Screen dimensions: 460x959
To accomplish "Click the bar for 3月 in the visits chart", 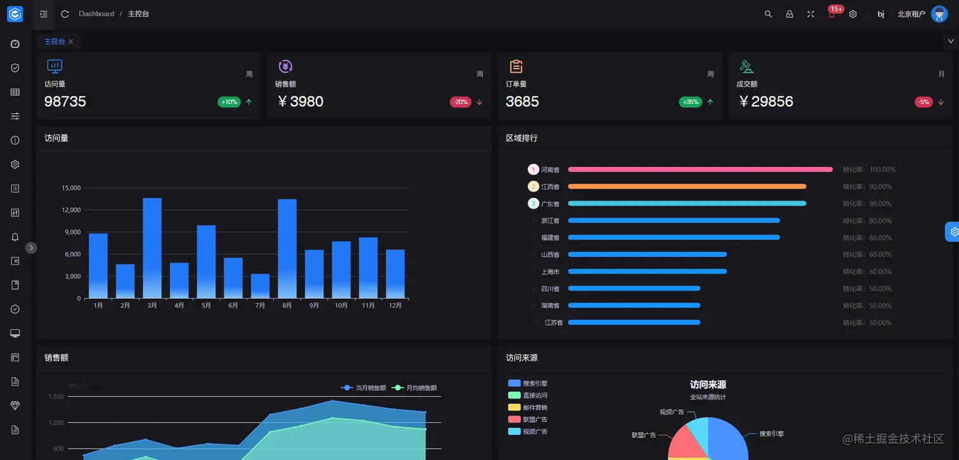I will [x=152, y=248].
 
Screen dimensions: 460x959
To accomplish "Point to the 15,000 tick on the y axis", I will [x=71, y=188].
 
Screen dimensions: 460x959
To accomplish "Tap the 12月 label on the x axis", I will [x=395, y=306].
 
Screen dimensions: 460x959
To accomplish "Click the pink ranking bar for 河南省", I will [x=700, y=169].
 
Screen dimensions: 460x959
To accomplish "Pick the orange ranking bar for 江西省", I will [x=687, y=187].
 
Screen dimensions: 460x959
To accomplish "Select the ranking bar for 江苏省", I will [x=634, y=322].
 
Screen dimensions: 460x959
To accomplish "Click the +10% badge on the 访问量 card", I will [x=229, y=102].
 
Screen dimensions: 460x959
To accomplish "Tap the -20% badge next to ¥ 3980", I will [x=460, y=102].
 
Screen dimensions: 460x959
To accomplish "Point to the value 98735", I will [x=65, y=102].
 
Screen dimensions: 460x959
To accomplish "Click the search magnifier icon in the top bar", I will [x=768, y=14].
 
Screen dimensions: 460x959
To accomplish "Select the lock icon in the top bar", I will [x=790, y=14].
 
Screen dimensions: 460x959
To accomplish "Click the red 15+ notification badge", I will [x=836, y=10].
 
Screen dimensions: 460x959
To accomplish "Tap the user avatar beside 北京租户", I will [x=939, y=14].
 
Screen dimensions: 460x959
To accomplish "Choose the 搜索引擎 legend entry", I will [x=528, y=383].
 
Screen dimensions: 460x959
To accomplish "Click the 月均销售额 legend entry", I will [x=415, y=388].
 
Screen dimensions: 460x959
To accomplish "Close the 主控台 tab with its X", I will [x=71, y=41].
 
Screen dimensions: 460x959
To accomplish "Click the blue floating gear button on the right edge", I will [x=953, y=232].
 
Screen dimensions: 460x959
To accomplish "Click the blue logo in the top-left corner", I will [x=15, y=14].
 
